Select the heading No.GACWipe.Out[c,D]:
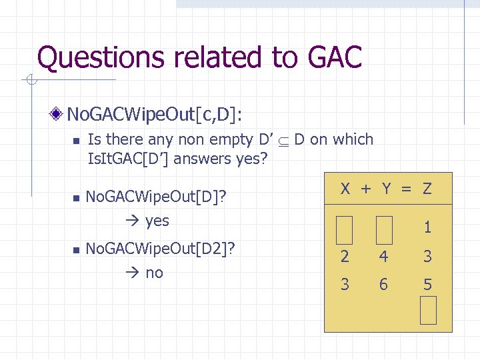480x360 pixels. pyautogui.click(x=155, y=115)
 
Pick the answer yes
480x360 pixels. pyautogui.click(x=157, y=221)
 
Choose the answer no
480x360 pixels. pyautogui.click(x=154, y=273)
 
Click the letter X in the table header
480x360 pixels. pyautogui.click(x=345, y=189)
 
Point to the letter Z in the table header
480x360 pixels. pyautogui.click(x=427, y=189)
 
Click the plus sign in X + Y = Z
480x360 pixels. pyautogui.click(x=366, y=189)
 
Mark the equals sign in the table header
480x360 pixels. pyautogui.click(x=406, y=189)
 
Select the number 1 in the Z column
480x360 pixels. pyautogui.click(x=428, y=227)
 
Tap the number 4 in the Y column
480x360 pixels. pyautogui.click(x=383, y=256)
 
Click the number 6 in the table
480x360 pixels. pyautogui.click(x=383, y=285)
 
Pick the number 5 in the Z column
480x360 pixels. pyautogui.click(x=428, y=285)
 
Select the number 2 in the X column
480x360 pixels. pyautogui.click(x=345, y=256)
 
